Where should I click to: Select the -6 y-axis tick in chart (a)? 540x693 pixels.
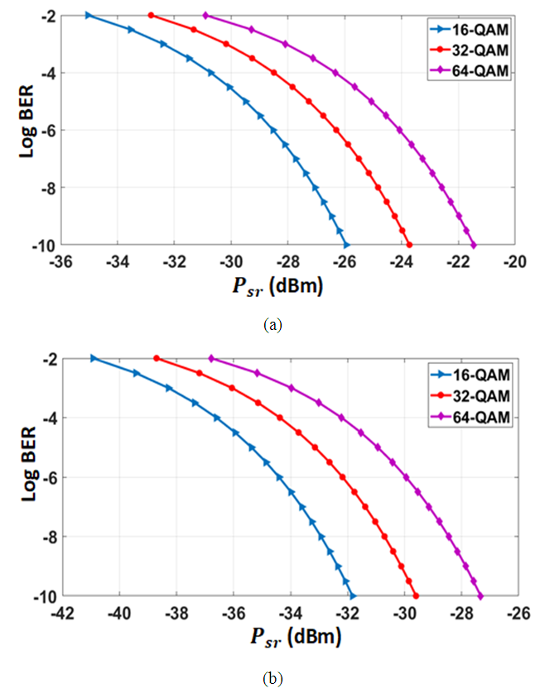coord(46,130)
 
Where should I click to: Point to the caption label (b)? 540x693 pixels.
coord(272,679)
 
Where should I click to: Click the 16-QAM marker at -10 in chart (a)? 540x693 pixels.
coord(346,246)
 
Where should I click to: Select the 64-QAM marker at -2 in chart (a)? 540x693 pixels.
coord(205,15)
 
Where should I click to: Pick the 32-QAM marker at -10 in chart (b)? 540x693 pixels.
coord(416,596)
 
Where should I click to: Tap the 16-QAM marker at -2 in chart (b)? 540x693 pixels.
coord(94,358)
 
